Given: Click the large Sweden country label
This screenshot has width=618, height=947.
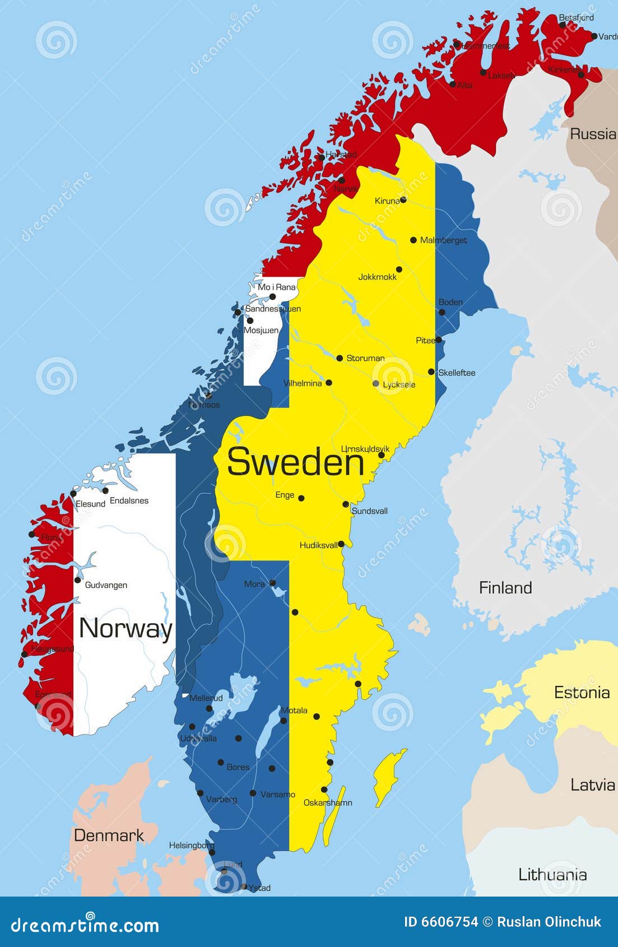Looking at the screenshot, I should point(295,462).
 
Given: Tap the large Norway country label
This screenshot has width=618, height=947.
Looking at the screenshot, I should point(126,628).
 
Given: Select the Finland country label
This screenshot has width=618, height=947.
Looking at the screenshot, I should point(505,588).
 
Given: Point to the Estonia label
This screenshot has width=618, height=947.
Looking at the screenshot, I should point(582,693).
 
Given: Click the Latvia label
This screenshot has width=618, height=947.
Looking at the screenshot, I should point(593,785).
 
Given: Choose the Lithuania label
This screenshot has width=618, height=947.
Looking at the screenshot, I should point(552,875).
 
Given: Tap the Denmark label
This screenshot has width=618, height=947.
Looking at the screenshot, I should point(109,835).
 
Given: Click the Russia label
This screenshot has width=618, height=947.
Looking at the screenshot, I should point(593,134).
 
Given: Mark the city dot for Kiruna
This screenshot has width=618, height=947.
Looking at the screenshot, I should point(403,199).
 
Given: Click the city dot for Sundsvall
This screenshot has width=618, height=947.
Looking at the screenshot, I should point(346,504).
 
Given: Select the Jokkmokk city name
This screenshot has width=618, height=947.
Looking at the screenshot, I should point(377,277).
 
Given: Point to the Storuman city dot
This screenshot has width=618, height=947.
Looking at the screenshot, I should point(340,358).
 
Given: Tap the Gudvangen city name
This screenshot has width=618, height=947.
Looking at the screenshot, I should point(106,585).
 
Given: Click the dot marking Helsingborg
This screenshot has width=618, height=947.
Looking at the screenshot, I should point(212,852).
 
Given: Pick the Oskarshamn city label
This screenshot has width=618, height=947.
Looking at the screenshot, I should point(328,802).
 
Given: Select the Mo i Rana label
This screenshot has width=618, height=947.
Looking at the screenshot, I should point(276,287).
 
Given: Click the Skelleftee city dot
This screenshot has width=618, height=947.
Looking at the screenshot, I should point(431,372).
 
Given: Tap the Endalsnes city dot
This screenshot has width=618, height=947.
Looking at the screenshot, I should point(105,490).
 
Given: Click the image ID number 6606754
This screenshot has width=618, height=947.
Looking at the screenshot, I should point(441,922).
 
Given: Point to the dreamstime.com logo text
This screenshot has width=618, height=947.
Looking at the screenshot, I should point(85,925).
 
